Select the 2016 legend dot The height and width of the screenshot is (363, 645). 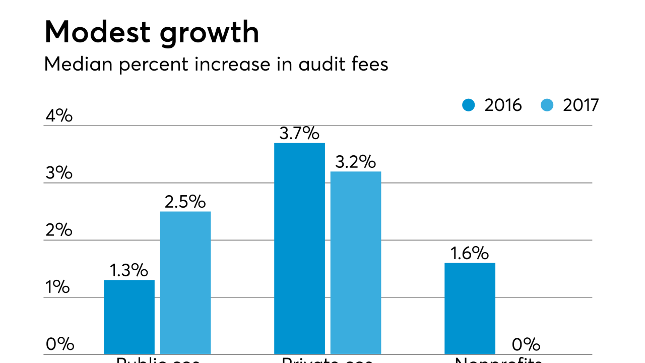pyautogui.click(x=469, y=105)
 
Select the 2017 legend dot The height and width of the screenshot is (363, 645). pyautogui.click(x=547, y=105)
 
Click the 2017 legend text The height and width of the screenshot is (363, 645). pyautogui.click(x=580, y=105)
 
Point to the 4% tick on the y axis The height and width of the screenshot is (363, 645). pyautogui.click(x=59, y=116)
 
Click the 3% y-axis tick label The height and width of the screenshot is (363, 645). pyautogui.click(x=59, y=173)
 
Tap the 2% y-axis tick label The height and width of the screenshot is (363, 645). pyautogui.click(x=59, y=230)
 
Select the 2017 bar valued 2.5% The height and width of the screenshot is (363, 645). pyautogui.click(x=185, y=282)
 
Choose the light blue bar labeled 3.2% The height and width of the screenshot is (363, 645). pyautogui.click(x=356, y=262)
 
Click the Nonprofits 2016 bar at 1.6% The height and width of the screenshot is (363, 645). pyautogui.click(x=470, y=308)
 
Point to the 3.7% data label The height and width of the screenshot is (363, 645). pyautogui.click(x=299, y=134)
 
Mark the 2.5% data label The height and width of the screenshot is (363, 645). pyautogui.click(x=185, y=202)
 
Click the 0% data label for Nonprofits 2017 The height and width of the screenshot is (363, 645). pyautogui.click(x=526, y=345)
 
